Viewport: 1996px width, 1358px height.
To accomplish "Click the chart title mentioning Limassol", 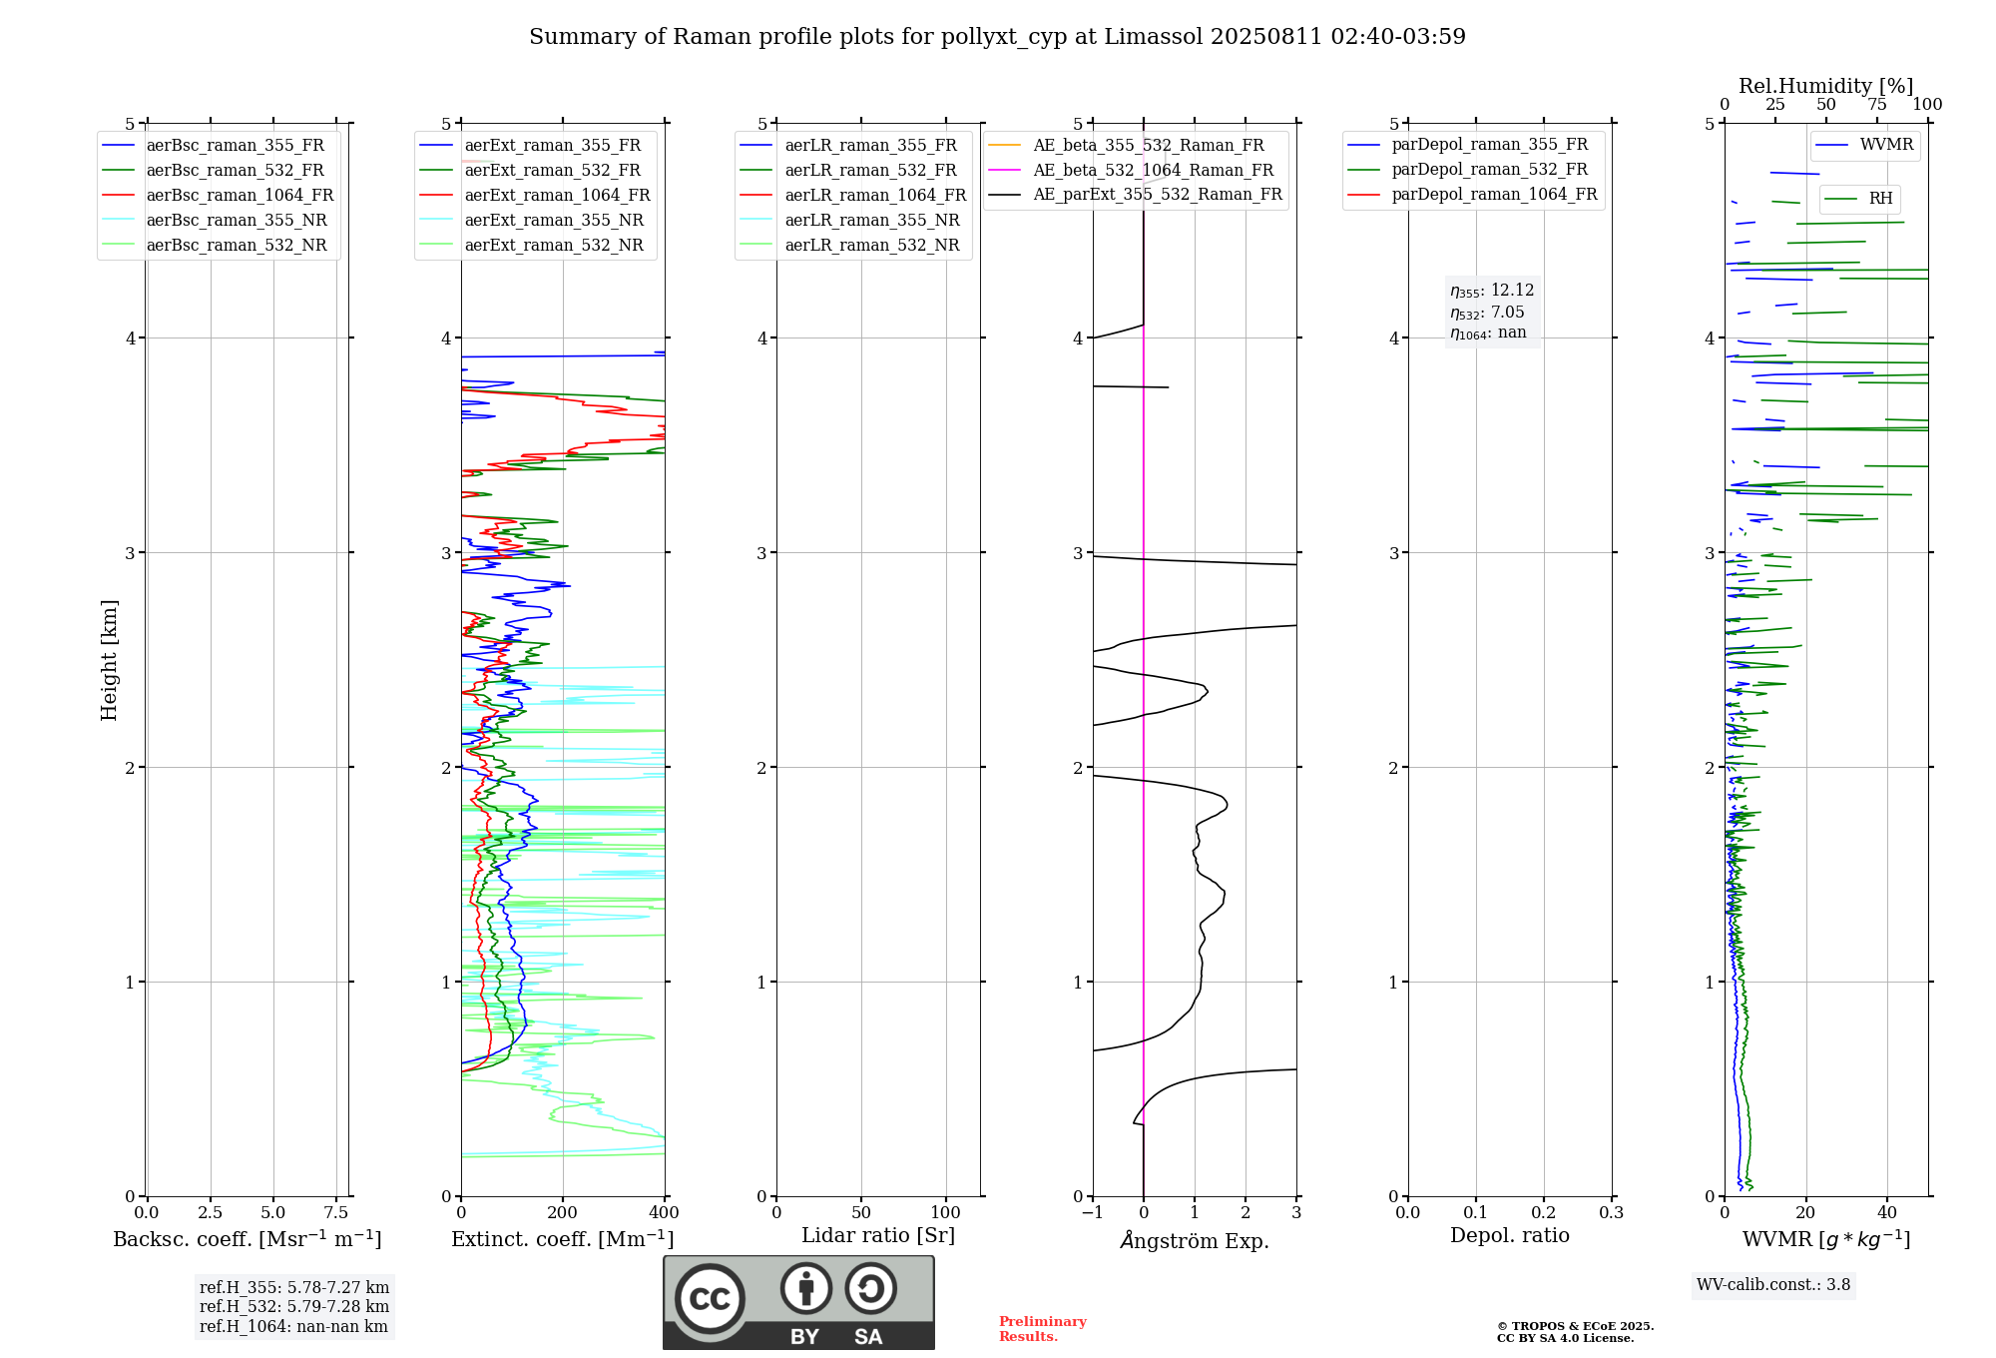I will point(997,37).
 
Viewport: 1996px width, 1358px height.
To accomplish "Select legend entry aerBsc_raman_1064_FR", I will point(240,196).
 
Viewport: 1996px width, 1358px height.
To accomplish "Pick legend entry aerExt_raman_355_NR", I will point(554,221).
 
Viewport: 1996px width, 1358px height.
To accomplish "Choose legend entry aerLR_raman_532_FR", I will point(870,171).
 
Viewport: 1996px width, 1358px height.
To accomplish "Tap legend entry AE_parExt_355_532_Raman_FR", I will point(1157,195).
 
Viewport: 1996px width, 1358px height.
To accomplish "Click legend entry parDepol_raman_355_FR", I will point(1489,145).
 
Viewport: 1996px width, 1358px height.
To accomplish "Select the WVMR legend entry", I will point(1886,145).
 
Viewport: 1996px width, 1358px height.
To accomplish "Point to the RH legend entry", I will point(1880,199).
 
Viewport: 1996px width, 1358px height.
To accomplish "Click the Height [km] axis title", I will point(109,660).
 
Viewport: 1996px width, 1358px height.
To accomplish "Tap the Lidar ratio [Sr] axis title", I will point(878,1236).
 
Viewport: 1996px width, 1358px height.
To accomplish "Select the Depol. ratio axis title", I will point(1509,1236).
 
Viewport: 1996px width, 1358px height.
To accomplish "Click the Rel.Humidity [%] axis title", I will point(1825,86).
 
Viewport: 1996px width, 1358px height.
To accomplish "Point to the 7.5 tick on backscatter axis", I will point(336,1213).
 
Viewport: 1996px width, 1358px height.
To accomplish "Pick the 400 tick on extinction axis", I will point(665,1213).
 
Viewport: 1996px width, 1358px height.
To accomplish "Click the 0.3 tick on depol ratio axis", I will point(1611,1213).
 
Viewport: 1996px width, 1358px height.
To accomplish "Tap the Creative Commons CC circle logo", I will point(710,1298).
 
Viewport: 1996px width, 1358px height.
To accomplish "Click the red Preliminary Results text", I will point(1042,1329).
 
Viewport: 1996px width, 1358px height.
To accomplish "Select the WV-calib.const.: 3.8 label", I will point(1773,1285).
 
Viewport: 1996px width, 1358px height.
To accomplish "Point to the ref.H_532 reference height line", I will point(293,1307).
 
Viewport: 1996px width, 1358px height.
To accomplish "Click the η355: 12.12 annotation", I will point(1492,291).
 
